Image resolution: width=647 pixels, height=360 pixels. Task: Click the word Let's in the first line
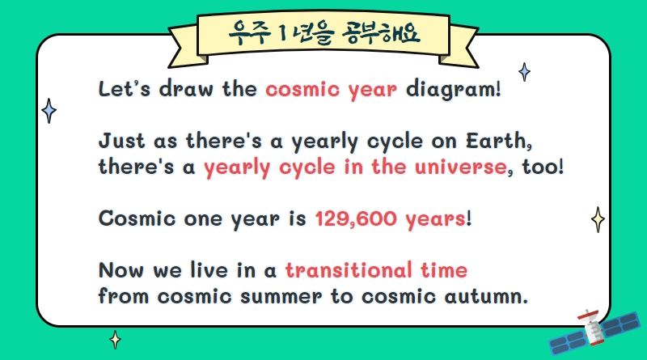click(x=125, y=88)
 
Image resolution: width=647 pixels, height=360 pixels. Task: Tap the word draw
click(x=187, y=88)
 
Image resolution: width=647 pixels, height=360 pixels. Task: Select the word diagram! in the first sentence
click(x=454, y=90)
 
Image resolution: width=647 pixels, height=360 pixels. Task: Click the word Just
click(x=122, y=141)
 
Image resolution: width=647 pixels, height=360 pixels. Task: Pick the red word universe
click(x=461, y=167)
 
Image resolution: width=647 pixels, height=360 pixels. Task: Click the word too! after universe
click(x=543, y=167)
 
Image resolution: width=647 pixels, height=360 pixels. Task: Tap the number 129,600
click(x=356, y=218)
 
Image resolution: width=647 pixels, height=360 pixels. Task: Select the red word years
click(x=435, y=219)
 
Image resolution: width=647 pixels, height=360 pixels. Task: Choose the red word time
click(x=444, y=270)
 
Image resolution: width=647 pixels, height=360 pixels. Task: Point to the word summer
click(x=281, y=296)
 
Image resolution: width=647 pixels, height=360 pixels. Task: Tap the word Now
click(x=121, y=270)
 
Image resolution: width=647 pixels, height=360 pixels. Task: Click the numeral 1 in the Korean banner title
click(x=282, y=33)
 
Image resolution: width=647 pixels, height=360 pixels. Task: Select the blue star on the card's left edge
click(x=49, y=111)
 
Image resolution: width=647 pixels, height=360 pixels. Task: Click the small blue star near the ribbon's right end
click(x=524, y=72)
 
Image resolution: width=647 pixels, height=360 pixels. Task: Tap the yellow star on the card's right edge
click(x=598, y=219)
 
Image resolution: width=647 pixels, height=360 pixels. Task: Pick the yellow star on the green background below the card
click(x=115, y=340)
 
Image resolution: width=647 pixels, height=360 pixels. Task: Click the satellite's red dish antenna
click(x=588, y=315)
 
